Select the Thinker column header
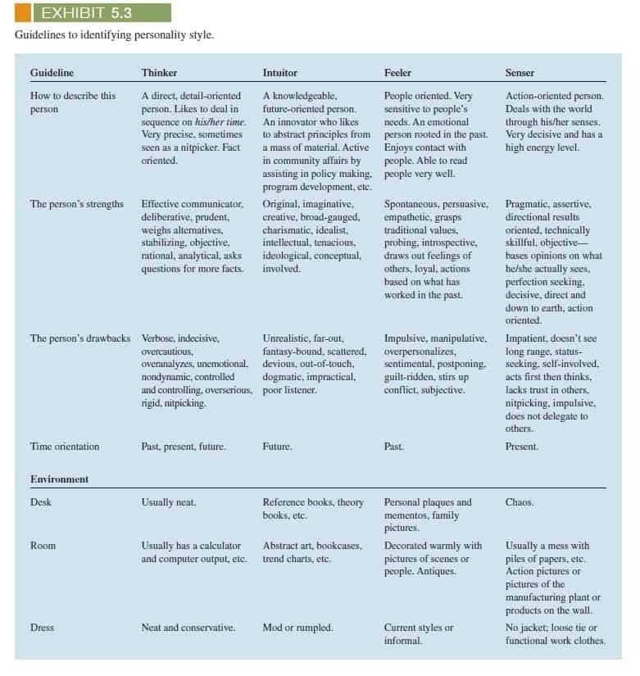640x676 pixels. [159, 73]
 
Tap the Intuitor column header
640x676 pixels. [280, 73]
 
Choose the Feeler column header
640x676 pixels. [397, 73]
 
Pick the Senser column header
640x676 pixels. [520, 73]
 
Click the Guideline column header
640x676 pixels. [52, 73]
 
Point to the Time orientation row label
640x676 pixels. [65, 447]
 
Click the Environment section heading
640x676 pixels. [60, 479]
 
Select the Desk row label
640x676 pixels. [41, 502]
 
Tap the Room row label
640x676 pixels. [43, 545]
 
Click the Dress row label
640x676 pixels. [42, 628]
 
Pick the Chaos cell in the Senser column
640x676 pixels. [520, 502]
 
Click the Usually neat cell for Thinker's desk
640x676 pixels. [169, 502]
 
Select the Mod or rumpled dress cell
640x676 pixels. [297, 628]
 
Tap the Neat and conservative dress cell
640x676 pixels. [188, 628]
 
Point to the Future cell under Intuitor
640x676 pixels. [277, 447]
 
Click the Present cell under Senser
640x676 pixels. [522, 447]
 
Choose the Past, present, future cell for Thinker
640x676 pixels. [184, 447]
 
